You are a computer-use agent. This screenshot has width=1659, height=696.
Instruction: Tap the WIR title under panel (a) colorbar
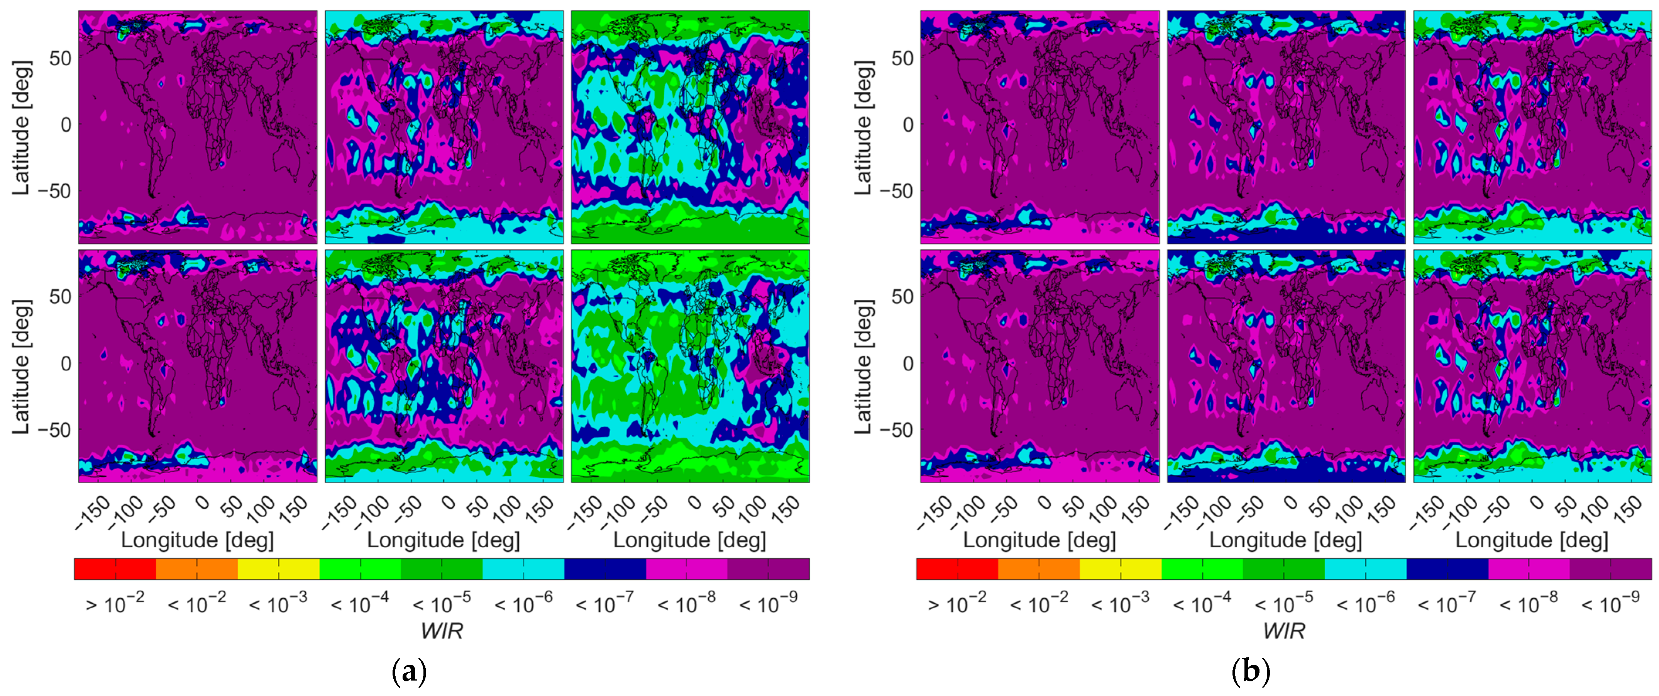coord(442,631)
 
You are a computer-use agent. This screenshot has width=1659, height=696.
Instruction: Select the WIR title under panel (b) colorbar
coord(1283,631)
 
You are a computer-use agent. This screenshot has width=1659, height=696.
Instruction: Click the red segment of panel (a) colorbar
coord(115,569)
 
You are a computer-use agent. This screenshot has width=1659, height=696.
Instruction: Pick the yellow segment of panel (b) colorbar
coord(1121,569)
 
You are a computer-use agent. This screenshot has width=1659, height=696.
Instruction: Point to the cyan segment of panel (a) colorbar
coord(523,569)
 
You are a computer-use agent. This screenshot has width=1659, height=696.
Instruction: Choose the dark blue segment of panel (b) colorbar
coord(1447,569)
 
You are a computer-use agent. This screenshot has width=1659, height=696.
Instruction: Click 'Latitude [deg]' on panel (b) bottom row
coord(863,366)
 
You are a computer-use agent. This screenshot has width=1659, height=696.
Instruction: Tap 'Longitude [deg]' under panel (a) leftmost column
coord(197,540)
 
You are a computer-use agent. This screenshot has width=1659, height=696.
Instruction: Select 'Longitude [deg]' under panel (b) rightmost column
coord(1532,540)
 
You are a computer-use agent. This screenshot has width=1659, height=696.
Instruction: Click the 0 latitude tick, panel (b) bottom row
coord(908,364)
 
